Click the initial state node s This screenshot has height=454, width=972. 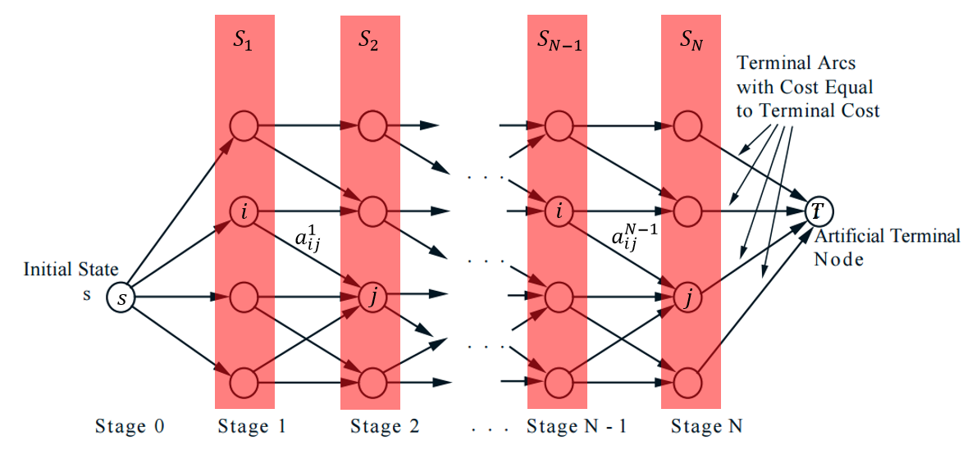point(121,298)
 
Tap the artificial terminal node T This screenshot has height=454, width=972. point(817,211)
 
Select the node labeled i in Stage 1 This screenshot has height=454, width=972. point(244,212)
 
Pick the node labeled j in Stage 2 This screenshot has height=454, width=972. point(372,297)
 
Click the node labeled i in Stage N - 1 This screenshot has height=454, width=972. point(559,212)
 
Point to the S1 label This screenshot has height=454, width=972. point(243,41)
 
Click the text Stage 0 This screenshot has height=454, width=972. point(130,426)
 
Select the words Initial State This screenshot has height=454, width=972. point(71,270)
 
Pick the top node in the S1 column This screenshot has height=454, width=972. point(244,127)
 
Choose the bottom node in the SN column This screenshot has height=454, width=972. point(687,382)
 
